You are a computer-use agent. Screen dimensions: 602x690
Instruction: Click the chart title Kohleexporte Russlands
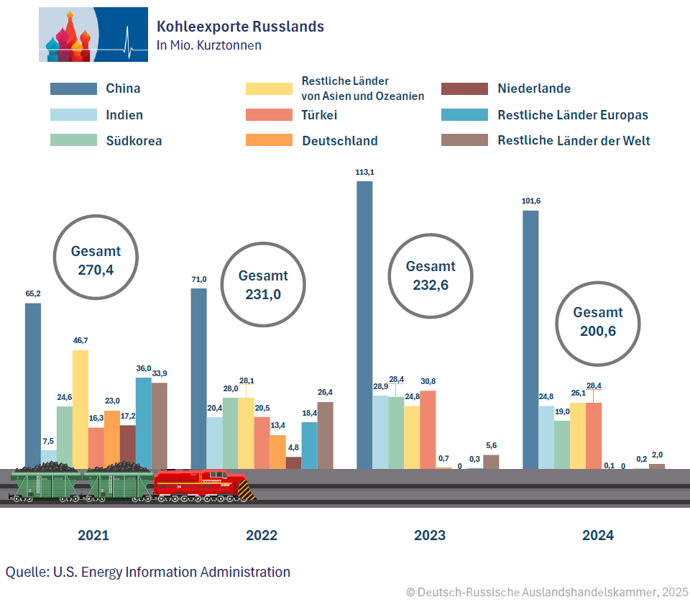240,27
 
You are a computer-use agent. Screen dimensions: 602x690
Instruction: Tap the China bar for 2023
364,324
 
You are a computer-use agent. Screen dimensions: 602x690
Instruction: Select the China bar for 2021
33,385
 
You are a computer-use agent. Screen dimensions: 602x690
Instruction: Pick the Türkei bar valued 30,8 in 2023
428,429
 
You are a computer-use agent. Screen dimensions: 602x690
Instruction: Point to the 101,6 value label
530,201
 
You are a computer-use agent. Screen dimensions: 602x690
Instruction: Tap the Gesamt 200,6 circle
598,321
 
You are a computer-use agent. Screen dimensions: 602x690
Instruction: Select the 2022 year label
262,535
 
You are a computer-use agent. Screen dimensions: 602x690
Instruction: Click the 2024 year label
598,535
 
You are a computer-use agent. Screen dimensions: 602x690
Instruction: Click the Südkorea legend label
134,141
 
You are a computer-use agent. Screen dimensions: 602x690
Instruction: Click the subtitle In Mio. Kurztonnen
209,45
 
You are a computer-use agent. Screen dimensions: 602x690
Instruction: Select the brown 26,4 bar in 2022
326,434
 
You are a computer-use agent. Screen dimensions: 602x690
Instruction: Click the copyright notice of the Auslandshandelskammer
547,592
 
